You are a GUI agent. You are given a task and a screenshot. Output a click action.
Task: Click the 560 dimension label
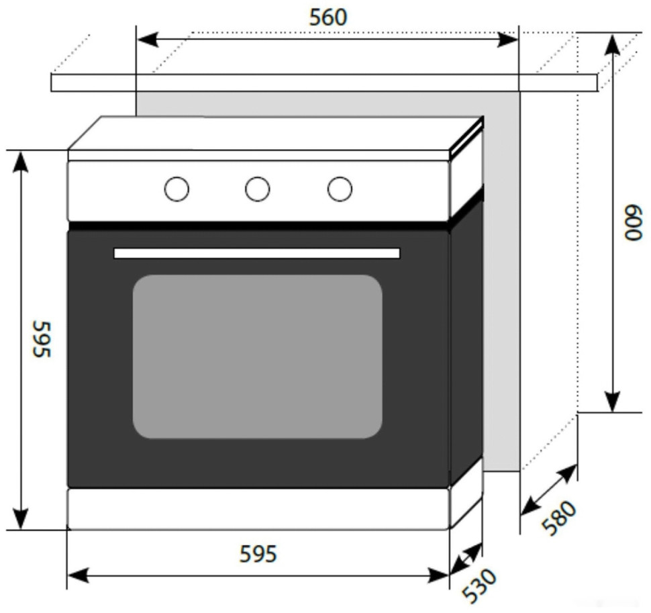pyautogui.click(x=328, y=17)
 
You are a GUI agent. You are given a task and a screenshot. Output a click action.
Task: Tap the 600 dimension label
pyautogui.click(x=633, y=223)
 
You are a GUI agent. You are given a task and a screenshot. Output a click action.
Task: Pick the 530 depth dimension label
pyautogui.click(x=480, y=585)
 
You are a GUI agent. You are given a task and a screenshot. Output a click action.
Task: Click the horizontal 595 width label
pyautogui.click(x=258, y=554)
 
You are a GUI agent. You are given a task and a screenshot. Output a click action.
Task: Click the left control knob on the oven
pyautogui.click(x=177, y=189)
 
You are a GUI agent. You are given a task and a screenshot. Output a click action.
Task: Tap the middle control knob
pyautogui.click(x=258, y=189)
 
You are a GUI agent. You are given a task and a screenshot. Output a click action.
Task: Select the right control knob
pyautogui.click(x=340, y=189)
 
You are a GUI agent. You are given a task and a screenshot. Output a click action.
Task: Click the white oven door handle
pyautogui.click(x=256, y=253)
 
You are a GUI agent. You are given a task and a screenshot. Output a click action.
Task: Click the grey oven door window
pyautogui.click(x=257, y=356)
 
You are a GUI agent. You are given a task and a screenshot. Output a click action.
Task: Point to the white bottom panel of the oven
pyautogui.click(x=258, y=508)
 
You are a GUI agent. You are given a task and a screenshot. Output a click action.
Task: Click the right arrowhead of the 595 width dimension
pyautogui.click(x=440, y=575)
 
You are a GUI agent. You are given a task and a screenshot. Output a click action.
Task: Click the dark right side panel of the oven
pyautogui.click(x=466, y=336)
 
